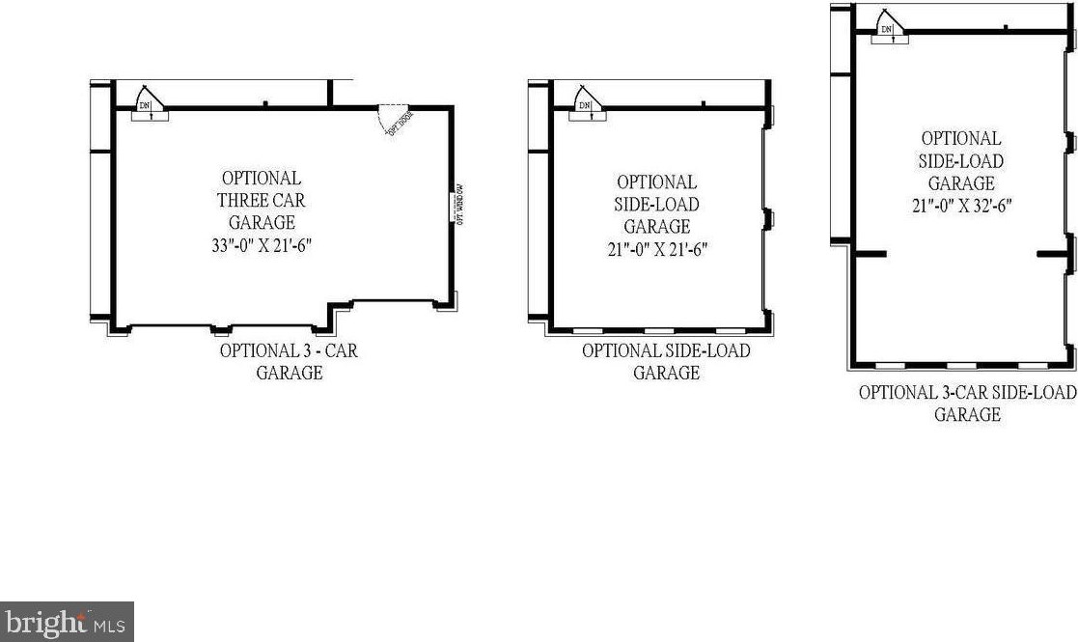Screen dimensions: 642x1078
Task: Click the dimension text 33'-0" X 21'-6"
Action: pyautogui.click(x=262, y=245)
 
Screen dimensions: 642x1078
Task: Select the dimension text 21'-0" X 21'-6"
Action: pyautogui.click(x=656, y=249)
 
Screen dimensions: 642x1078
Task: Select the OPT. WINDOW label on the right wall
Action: pyautogui.click(x=460, y=202)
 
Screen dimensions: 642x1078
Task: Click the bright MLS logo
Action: pyautogui.click(x=66, y=622)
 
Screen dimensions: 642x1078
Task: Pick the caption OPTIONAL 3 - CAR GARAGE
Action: pyautogui.click(x=289, y=361)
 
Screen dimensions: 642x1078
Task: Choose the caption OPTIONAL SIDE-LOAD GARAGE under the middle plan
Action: pyautogui.click(x=666, y=361)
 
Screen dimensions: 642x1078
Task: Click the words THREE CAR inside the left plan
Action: pyautogui.click(x=262, y=201)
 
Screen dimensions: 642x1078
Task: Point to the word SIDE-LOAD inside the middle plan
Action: pyautogui.click(x=657, y=205)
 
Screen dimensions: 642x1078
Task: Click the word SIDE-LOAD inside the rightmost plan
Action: pyautogui.click(x=960, y=160)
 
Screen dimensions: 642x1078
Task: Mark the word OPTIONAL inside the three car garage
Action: pyautogui.click(x=262, y=179)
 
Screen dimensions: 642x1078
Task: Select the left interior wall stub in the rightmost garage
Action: pyautogui.click(x=868, y=253)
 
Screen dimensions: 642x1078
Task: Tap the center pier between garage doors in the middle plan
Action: pyautogui.click(x=769, y=219)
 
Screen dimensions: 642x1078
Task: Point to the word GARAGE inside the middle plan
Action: pyautogui.click(x=657, y=227)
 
